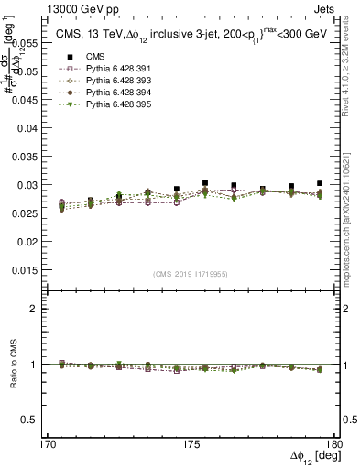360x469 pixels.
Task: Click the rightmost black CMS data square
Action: [320, 184]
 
